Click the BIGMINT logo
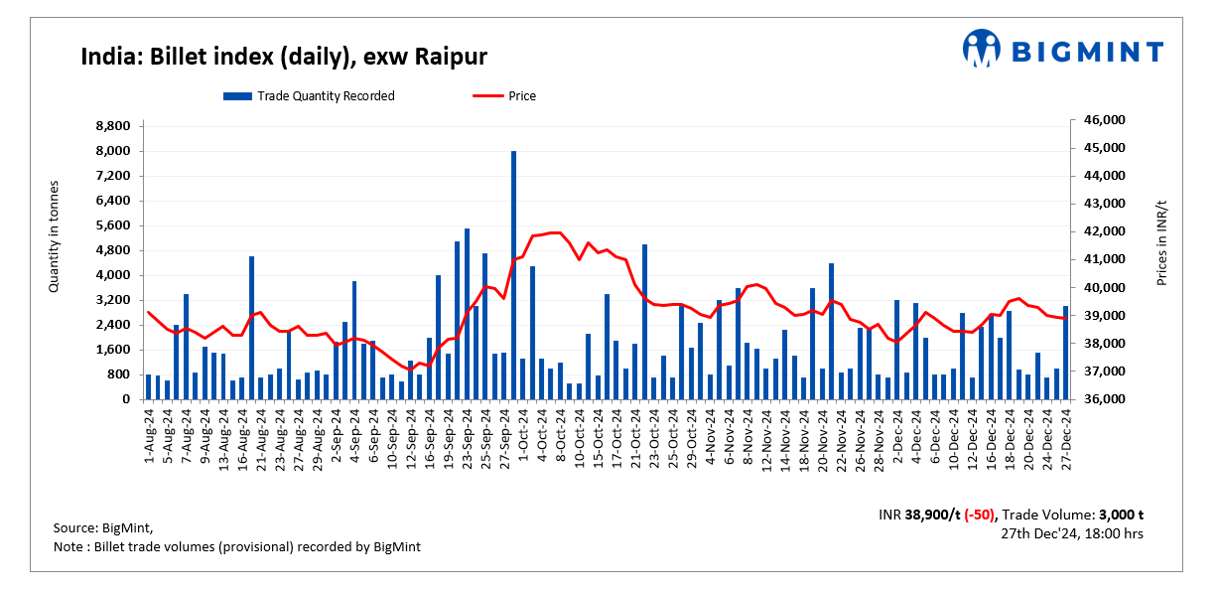pyautogui.click(x=1062, y=49)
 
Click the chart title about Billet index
pyautogui.click(x=283, y=56)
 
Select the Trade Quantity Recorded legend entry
pyautogui.click(x=310, y=96)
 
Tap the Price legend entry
pyautogui.click(x=505, y=96)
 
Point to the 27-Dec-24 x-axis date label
pyautogui.click(x=1066, y=435)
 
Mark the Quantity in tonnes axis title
pyautogui.click(x=56, y=236)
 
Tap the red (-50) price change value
pyautogui.click(x=980, y=516)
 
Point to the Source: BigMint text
pyautogui.click(x=103, y=527)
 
